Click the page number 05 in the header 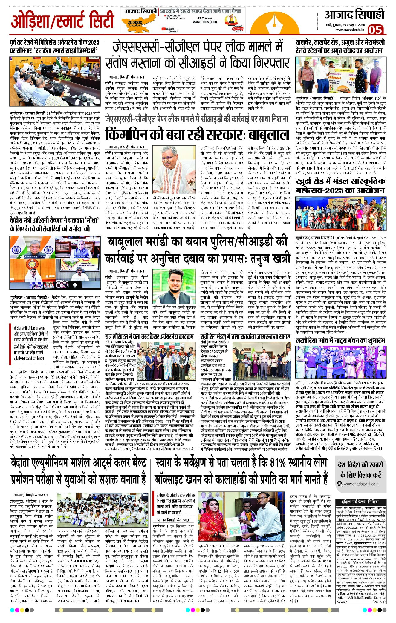(375, 30)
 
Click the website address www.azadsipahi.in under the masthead (350, 30)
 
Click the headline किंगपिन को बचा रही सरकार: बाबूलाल (197, 134)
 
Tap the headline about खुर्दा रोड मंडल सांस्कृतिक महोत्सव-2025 (340, 186)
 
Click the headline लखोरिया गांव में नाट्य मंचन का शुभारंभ (340, 341)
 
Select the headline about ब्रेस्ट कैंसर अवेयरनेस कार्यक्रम (149, 336)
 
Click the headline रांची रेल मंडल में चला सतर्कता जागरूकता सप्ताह (245, 336)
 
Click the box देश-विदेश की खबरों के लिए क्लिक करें (360, 470)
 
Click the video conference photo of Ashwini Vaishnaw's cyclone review (55, 263)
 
